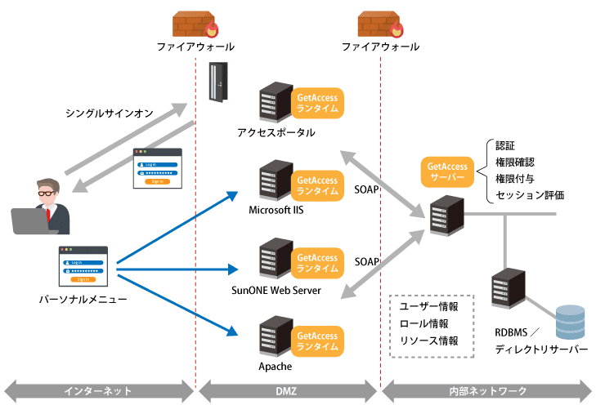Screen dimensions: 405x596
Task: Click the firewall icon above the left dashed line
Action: pos(195,24)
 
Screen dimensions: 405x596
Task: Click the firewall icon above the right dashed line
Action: pos(381,24)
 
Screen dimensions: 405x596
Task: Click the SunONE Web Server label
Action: pos(276,290)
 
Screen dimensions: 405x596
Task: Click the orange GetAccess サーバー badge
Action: pos(446,171)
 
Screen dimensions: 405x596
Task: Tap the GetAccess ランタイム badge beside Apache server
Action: pos(317,341)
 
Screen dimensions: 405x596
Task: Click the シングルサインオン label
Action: pos(110,114)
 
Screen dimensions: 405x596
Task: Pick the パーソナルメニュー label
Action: pos(83,300)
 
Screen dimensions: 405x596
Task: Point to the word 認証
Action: pos(505,145)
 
